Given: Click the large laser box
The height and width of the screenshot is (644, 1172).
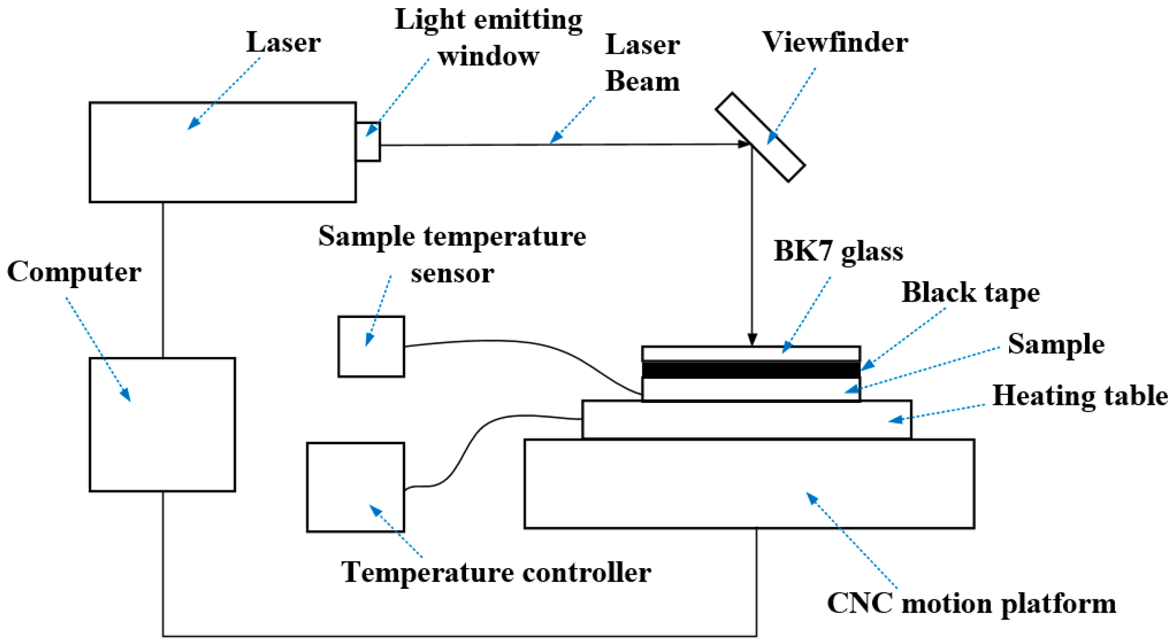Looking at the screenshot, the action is pyautogui.click(x=222, y=152).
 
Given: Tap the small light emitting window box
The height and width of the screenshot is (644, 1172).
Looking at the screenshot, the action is pyautogui.click(x=368, y=142).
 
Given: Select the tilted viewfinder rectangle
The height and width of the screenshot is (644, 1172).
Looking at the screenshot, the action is pyautogui.click(x=760, y=137).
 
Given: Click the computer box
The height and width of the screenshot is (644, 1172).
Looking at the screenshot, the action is pyautogui.click(x=162, y=425).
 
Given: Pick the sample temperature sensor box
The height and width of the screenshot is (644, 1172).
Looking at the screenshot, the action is pyautogui.click(x=371, y=346).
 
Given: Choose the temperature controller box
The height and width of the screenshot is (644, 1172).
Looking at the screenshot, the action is pyautogui.click(x=356, y=487).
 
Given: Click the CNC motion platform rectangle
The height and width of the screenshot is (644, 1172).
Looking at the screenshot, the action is pyautogui.click(x=749, y=484).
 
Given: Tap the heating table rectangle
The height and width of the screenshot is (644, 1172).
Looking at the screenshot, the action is pyautogui.click(x=747, y=419).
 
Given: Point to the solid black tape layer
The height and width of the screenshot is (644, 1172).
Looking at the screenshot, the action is pyautogui.click(x=751, y=370).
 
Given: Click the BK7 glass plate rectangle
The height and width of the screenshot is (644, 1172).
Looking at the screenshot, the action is pyautogui.click(x=751, y=354).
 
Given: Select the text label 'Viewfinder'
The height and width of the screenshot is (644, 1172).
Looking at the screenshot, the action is pyautogui.click(x=835, y=42).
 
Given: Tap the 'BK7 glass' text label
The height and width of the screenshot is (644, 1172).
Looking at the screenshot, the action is pyautogui.click(x=839, y=252).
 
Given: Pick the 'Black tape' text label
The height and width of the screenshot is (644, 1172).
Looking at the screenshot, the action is pyautogui.click(x=971, y=292).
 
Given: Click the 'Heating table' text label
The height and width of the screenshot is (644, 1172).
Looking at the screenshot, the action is pyautogui.click(x=1080, y=396).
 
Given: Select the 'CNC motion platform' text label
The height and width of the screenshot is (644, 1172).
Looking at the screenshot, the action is pyautogui.click(x=972, y=604).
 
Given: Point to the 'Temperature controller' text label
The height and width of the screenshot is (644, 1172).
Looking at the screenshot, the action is pyautogui.click(x=496, y=572).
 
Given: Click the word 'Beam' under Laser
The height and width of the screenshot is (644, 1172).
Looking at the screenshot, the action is pyautogui.click(x=642, y=81).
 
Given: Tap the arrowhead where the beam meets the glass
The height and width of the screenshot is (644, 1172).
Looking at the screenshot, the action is pyautogui.click(x=753, y=340).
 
